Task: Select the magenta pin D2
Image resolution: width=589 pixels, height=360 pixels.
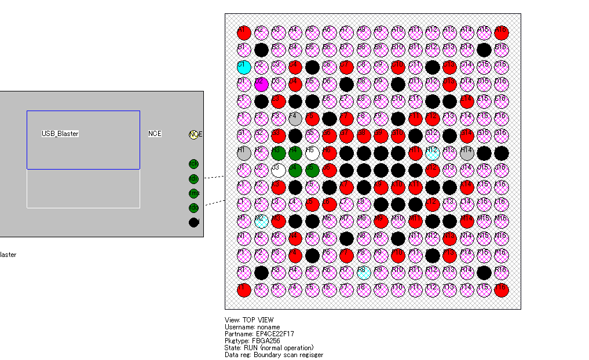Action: click(261, 85)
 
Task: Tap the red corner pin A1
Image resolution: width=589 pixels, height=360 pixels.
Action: click(244, 32)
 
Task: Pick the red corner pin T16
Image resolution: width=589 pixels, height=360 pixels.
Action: click(501, 290)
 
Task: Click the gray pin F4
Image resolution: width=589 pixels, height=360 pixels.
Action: click(295, 119)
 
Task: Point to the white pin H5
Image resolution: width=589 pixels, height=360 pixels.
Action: click(312, 153)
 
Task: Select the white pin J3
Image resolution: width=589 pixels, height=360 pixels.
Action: click(279, 170)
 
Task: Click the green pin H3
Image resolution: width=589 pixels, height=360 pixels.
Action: click(279, 153)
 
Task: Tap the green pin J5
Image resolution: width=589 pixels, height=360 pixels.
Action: click(312, 170)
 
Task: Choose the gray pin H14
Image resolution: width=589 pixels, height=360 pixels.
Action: click(467, 153)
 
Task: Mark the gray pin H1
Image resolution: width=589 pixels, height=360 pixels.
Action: click(244, 153)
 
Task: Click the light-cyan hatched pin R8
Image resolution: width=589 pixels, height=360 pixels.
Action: click(364, 273)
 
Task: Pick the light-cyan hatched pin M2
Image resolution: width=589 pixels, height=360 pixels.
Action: click(261, 221)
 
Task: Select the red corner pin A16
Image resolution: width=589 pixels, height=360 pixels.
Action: click(501, 32)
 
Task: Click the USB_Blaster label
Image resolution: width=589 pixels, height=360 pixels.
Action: click(60, 134)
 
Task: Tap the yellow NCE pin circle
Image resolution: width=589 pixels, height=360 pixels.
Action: click(194, 134)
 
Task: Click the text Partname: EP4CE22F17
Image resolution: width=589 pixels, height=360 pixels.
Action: click(259, 334)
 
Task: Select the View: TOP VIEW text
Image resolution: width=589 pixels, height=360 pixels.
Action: click(249, 320)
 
